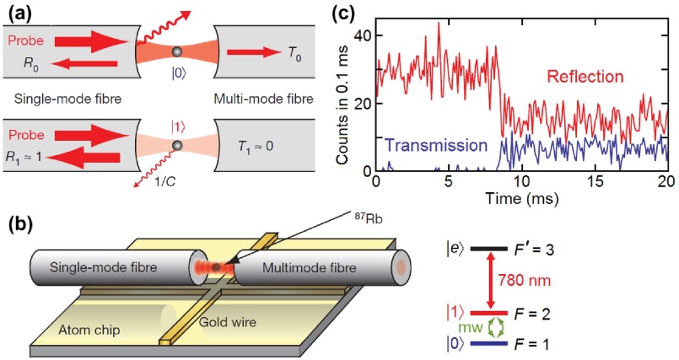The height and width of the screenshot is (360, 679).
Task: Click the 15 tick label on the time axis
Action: pos(593,183)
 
